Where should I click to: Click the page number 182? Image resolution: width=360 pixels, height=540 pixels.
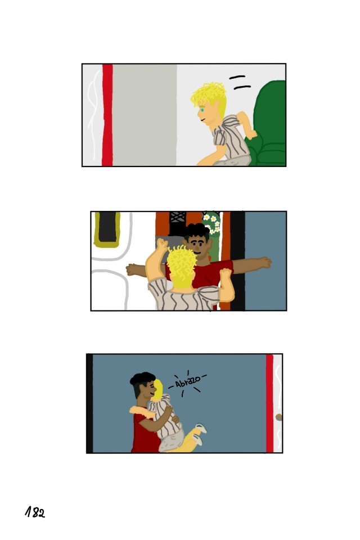[x=35, y=512]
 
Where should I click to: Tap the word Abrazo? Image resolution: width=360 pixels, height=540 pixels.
[x=188, y=381]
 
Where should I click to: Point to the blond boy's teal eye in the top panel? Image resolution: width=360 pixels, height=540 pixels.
[x=202, y=110]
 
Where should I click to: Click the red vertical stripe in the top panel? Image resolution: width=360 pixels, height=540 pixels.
[x=107, y=115]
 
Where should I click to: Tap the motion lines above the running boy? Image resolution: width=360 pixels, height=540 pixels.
[x=240, y=83]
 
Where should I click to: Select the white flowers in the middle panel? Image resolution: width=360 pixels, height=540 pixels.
[x=212, y=223]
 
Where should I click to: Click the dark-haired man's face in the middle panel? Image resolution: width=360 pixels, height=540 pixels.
[x=197, y=246]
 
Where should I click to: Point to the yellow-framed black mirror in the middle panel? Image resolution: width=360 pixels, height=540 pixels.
[x=107, y=229]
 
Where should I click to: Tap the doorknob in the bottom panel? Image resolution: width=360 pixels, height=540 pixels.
[x=278, y=417]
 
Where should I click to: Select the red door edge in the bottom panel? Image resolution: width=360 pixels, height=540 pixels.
[x=269, y=403]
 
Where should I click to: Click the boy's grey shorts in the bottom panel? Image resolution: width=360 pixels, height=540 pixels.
[x=172, y=440]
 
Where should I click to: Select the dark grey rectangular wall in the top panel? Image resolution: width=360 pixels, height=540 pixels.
[x=145, y=115]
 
